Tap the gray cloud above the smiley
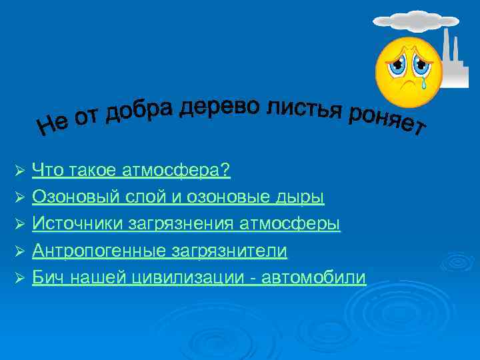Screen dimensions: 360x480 409,19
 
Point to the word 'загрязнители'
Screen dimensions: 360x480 229,251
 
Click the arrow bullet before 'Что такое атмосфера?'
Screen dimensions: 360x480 19,172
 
